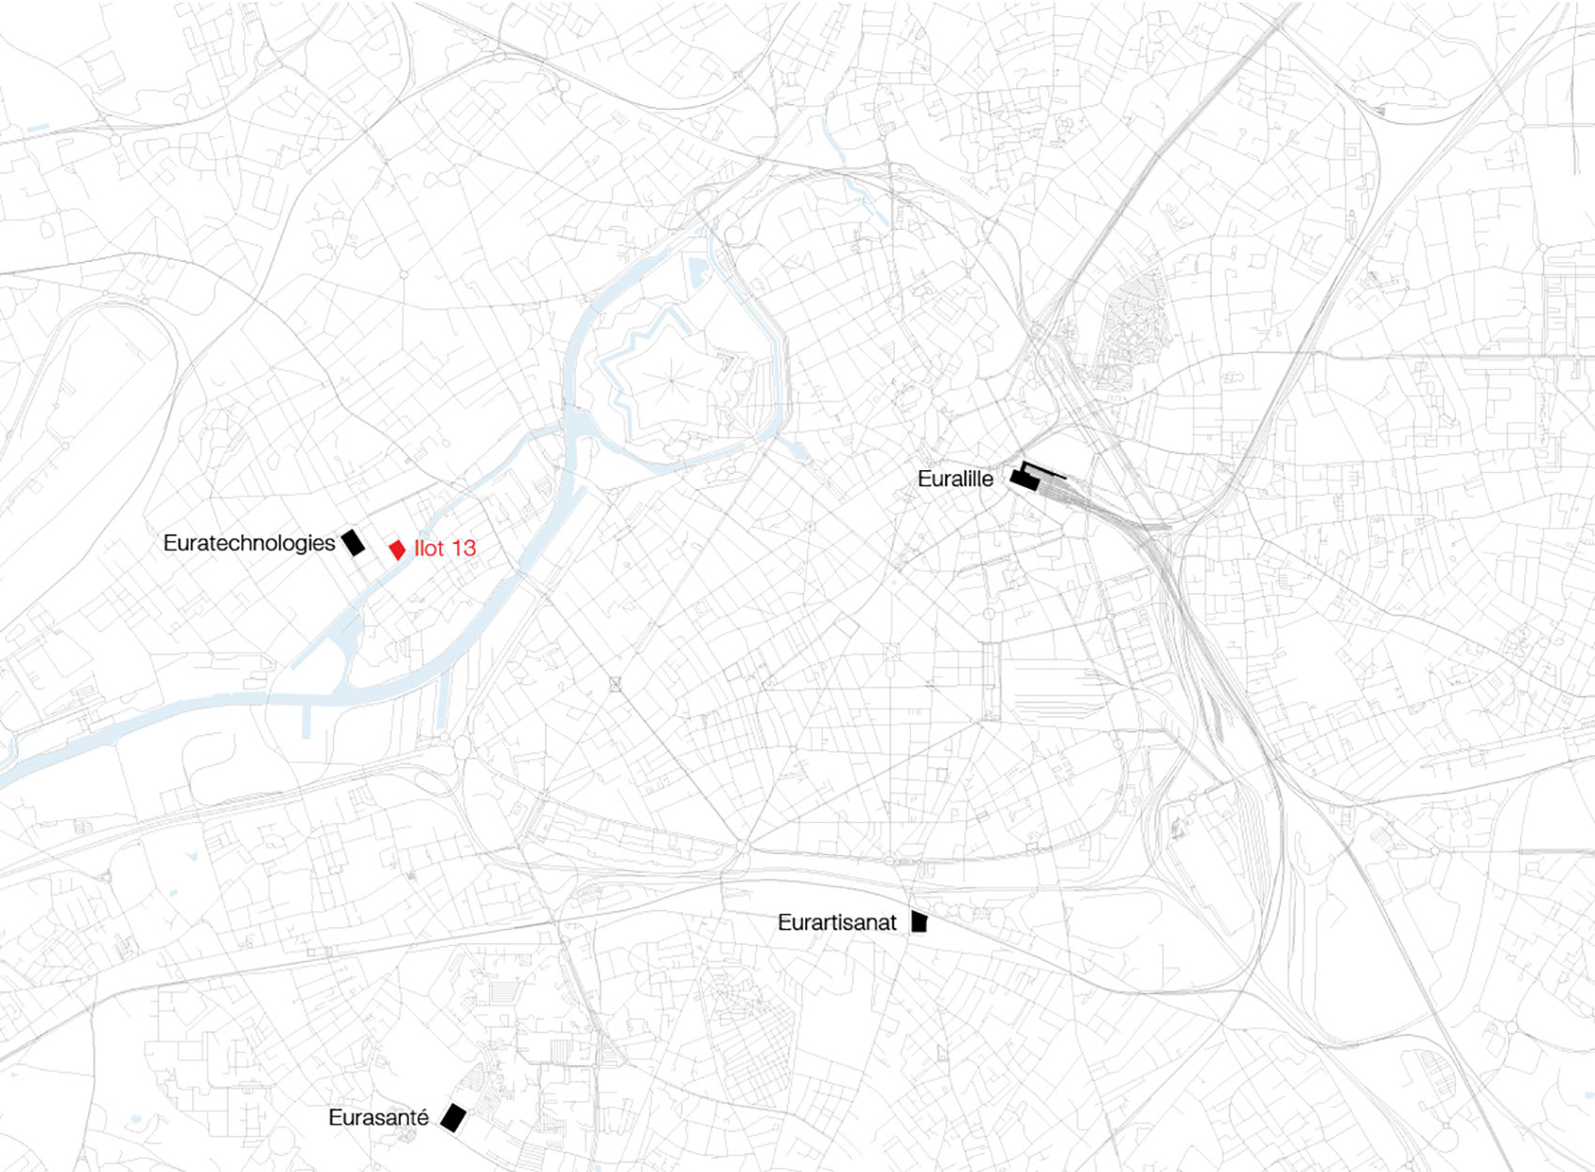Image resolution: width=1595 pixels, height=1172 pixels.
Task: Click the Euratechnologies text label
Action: [249, 543]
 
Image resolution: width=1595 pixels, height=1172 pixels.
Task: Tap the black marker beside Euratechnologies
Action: [353, 542]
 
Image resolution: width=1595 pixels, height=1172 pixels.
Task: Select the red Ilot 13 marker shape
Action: [398, 549]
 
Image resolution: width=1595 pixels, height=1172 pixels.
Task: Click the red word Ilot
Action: [429, 548]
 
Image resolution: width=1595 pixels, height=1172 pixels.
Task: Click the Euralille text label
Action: [955, 479]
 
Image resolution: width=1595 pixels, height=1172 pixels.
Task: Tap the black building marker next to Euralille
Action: [1024, 480]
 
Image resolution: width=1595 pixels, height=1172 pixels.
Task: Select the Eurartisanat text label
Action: [837, 922]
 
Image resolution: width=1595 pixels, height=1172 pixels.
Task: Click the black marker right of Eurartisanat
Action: [919, 921]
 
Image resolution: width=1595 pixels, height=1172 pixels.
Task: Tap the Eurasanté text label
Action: [378, 1118]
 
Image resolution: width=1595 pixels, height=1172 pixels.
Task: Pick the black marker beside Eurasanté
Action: [453, 1118]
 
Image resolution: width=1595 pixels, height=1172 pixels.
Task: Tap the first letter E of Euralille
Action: [923, 479]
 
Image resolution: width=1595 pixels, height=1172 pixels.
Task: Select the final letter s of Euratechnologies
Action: [330, 544]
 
